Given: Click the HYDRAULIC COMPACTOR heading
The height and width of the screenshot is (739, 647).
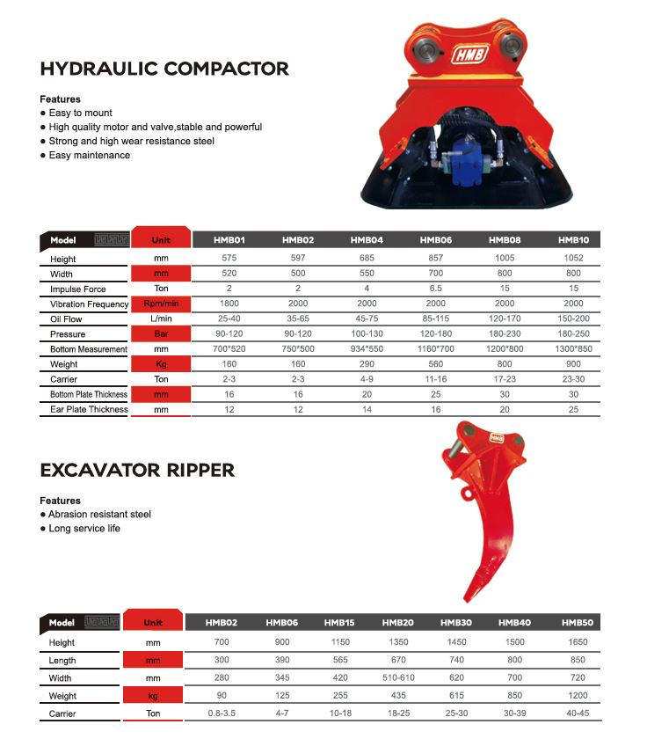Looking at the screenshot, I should (164, 69).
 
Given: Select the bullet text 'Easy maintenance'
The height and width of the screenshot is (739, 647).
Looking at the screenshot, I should (89, 155).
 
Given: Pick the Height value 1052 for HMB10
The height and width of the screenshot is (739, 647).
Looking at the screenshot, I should (573, 259).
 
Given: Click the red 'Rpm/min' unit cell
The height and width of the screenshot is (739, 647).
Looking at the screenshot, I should (161, 304).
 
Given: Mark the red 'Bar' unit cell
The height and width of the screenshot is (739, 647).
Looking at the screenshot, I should (161, 334).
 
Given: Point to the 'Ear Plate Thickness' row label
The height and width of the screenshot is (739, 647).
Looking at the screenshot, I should (89, 409).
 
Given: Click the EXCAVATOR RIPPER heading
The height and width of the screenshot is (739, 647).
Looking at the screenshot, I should (137, 470).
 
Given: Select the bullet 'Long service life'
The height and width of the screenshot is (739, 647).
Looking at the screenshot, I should (84, 528).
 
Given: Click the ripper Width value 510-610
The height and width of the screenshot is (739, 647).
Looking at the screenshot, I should (398, 677).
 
